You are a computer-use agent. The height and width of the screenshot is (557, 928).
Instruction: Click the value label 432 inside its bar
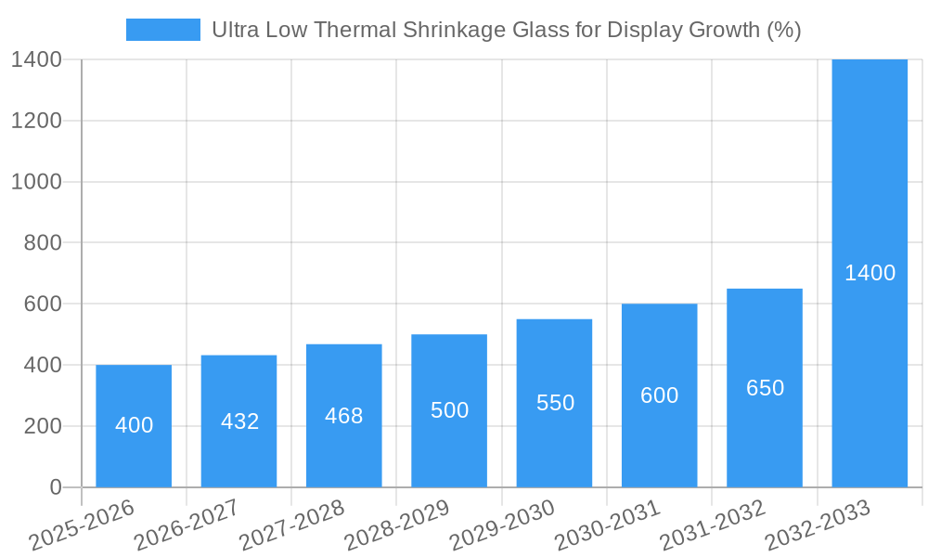(240, 421)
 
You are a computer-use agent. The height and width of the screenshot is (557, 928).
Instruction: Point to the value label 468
(344, 416)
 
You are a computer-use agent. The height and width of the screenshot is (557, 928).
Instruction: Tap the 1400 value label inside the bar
(870, 273)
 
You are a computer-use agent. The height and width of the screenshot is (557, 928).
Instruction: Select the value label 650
(766, 388)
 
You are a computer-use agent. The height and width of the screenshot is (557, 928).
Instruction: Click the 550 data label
(556, 403)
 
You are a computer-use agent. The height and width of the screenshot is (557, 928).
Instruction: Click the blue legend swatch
(163, 30)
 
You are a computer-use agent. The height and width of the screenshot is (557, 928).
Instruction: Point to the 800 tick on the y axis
(36, 243)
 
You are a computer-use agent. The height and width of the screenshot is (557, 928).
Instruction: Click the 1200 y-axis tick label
(36, 121)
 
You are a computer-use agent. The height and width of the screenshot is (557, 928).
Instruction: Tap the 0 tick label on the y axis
(55, 487)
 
